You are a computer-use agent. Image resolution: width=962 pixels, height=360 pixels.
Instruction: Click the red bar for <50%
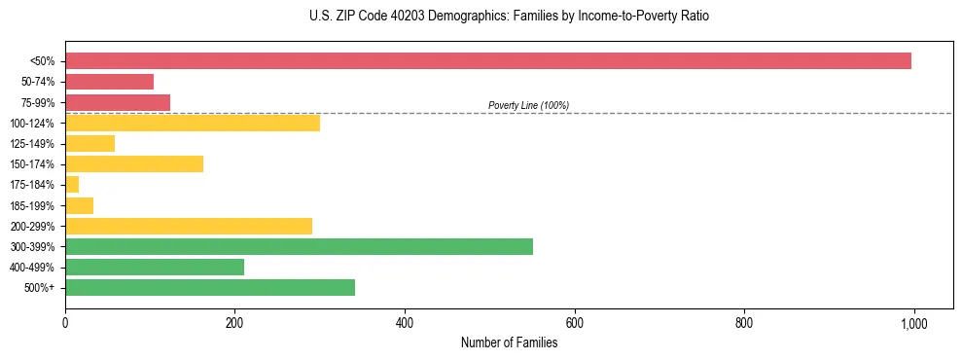coord(487,61)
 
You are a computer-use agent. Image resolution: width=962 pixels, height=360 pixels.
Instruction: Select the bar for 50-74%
coord(109,82)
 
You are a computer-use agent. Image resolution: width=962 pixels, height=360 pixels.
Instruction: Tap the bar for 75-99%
coord(118,102)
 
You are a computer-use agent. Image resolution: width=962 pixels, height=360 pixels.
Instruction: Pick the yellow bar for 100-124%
coord(192,123)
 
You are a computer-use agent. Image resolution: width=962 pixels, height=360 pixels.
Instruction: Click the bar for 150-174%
coord(134,163)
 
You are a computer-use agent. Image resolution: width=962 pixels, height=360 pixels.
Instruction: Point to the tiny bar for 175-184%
coord(72,185)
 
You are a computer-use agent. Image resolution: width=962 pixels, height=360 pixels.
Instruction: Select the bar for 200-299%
coord(189,226)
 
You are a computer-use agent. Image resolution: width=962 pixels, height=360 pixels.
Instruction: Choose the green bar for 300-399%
coord(299,246)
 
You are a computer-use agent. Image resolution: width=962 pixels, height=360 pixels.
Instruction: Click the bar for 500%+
coord(210,287)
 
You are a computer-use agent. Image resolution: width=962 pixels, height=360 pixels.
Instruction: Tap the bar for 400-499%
coord(155,267)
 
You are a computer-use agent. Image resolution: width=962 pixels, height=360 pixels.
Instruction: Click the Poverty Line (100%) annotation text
coord(528,105)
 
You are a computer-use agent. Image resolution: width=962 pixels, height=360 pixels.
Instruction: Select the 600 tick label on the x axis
coord(574,323)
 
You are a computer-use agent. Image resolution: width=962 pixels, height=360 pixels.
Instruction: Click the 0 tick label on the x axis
coord(65,323)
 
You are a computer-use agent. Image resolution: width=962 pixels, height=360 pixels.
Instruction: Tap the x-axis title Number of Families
coord(509,342)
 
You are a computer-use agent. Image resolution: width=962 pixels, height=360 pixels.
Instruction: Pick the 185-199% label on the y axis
coord(35,205)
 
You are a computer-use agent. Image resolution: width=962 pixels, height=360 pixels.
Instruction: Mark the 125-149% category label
coord(35,144)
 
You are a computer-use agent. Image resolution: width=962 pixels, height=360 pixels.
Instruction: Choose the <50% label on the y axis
coord(43,61)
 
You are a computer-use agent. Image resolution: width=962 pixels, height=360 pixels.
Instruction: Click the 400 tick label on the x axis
coord(405,323)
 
